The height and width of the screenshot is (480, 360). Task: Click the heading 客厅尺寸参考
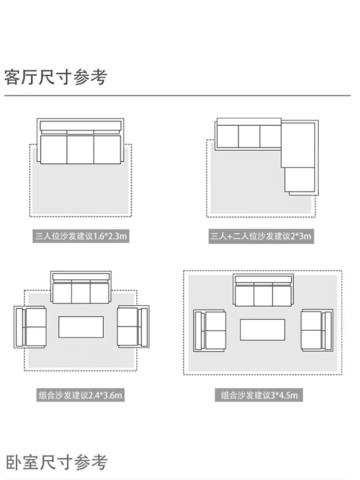(56, 77)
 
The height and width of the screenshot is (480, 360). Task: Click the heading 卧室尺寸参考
(57, 463)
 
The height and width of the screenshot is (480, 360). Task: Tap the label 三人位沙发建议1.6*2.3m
(81, 236)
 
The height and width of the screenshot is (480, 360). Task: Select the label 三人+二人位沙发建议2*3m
(261, 236)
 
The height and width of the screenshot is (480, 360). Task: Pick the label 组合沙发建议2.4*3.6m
(81, 396)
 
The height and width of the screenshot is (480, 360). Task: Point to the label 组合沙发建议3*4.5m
(260, 396)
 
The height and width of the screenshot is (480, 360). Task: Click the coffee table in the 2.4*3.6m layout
(81, 327)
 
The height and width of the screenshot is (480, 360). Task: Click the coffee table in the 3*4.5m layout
(262, 330)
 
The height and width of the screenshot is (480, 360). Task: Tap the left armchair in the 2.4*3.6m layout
(30, 327)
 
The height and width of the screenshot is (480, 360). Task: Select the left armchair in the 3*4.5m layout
(210, 330)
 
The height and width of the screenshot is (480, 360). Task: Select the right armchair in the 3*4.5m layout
(316, 330)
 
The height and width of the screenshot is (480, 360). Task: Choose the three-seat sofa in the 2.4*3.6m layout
(81, 288)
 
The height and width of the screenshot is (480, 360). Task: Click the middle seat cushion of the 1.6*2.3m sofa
(80, 149)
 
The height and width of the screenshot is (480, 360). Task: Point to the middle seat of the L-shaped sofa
(249, 136)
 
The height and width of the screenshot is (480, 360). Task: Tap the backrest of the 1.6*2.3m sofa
(80, 126)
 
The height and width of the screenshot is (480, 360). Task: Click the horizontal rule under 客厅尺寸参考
(178, 96)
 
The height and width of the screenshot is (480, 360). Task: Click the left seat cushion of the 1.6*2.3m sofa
(53, 149)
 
